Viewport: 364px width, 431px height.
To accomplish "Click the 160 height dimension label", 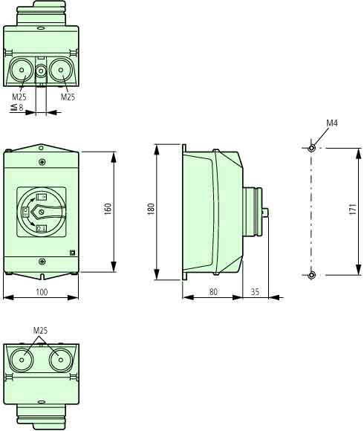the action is [108, 209].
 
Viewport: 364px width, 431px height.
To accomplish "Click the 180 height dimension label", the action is [151, 209].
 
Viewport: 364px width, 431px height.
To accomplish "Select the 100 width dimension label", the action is [42, 292].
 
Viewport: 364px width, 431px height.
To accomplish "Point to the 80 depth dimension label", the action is [213, 292].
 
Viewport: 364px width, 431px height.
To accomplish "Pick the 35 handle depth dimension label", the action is [255, 292].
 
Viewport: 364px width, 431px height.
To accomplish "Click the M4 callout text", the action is [332, 123].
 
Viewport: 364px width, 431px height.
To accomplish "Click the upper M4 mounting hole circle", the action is [311, 148].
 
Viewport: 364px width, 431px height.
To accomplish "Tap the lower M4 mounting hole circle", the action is [311, 275].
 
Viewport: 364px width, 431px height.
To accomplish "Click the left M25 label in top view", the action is [19, 97].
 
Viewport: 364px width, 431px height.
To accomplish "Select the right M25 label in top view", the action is [68, 97].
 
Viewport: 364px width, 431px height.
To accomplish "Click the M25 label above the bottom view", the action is [40, 330].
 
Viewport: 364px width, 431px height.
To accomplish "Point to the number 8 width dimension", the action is [21, 107].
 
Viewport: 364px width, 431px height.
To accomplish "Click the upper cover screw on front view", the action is [42, 162].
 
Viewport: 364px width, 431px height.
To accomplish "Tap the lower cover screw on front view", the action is [42, 262].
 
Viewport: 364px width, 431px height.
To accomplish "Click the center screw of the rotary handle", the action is [42, 212].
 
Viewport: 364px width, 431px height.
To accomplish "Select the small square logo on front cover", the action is [73, 253].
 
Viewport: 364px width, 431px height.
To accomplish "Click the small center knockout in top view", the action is [41, 71].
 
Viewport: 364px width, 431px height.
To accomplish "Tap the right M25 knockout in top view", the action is [61, 70].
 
